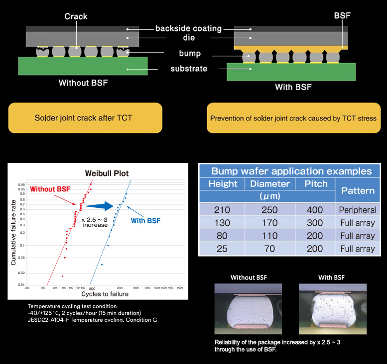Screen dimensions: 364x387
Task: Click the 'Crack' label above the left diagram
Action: (x=76, y=17)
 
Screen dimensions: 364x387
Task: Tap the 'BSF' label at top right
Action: (x=343, y=15)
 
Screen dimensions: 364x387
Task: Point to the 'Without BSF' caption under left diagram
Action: (x=83, y=83)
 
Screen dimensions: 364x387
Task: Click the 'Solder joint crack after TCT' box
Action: (x=85, y=118)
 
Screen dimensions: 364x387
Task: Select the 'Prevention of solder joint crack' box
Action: (x=293, y=118)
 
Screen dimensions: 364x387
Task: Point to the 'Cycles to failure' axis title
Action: (x=108, y=294)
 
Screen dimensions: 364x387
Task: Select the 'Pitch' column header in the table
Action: (x=315, y=183)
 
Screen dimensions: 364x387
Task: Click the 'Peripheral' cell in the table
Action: (x=358, y=210)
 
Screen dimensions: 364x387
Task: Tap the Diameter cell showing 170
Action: (x=269, y=223)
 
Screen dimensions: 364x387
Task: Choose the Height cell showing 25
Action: (x=222, y=249)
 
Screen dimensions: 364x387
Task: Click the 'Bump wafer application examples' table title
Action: (x=291, y=171)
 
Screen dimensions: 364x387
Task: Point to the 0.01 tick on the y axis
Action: (x=21, y=284)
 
